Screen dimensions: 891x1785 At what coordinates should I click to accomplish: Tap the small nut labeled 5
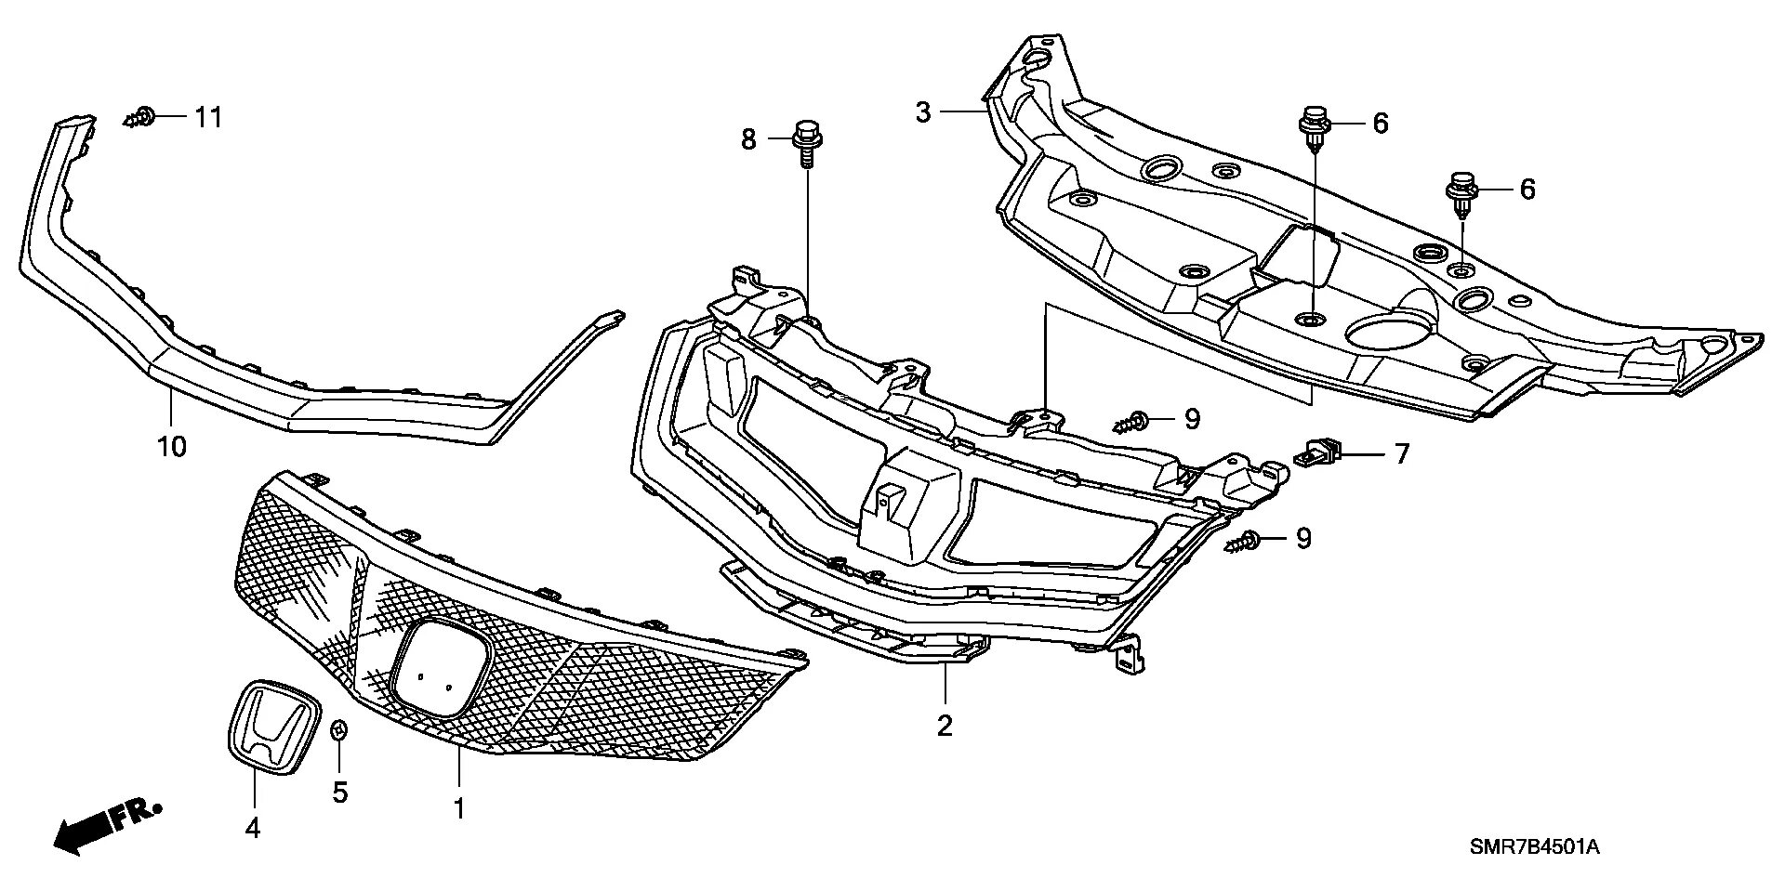[x=339, y=730]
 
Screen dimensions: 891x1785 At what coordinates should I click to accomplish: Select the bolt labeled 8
[x=805, y=144]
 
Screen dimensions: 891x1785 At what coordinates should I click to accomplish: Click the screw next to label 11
[x=140, y=118]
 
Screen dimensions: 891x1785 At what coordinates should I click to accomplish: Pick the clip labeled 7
[x=1320, y=453]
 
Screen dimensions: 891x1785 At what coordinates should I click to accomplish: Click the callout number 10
[x=172, y=447]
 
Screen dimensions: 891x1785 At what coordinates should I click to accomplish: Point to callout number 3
[x=922, y=112]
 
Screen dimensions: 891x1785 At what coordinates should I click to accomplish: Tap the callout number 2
[x=945, y=726]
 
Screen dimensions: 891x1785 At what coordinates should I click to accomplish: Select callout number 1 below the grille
[x=458, y=808]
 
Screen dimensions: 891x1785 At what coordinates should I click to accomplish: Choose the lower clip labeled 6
[x=1461, y=193]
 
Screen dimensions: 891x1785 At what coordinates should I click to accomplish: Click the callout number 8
[x=748, y=139]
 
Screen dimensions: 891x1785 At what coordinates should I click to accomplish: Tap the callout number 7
[x=1401, y=453]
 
